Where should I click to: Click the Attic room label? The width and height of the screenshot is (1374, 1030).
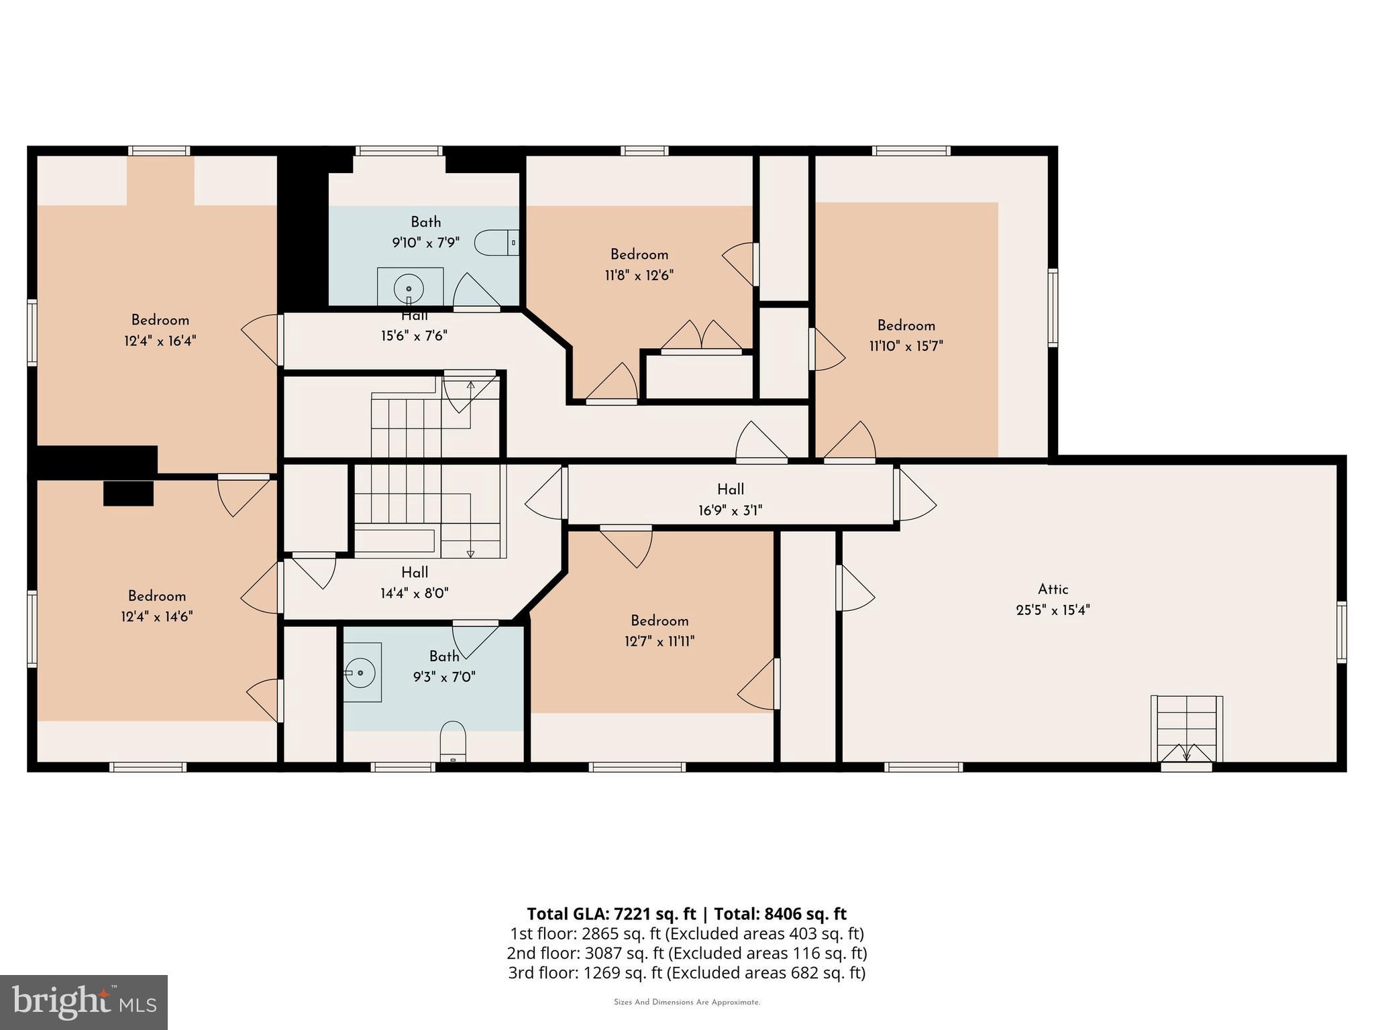pos(1053,589)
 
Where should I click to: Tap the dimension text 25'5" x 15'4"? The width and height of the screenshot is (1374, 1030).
pos(1053,610)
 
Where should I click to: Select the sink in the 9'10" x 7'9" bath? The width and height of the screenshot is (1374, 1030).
pos(409,288)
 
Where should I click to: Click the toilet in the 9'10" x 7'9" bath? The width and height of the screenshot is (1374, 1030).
pos(495,243)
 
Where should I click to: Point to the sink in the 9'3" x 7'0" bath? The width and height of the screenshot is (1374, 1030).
pos(362,672)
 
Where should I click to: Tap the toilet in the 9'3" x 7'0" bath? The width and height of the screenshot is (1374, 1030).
pos(454,741)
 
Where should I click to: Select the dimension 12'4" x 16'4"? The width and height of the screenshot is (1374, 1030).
pos(160,341)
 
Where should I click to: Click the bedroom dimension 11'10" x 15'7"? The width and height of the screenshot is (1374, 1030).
pos(906,346)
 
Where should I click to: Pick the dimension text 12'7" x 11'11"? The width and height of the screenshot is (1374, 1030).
pos(659,641)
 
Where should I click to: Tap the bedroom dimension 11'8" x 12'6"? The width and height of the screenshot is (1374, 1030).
pos(639,275)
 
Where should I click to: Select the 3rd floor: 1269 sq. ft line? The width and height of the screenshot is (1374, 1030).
pos(686,972)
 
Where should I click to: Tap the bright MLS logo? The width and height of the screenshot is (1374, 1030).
pos(83,1002)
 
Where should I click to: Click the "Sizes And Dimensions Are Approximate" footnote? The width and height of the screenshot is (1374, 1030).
pos(686,1002)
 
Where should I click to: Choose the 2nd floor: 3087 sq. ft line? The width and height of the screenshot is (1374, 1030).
pos(686,953)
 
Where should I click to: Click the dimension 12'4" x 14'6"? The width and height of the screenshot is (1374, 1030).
pos(157,616)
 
